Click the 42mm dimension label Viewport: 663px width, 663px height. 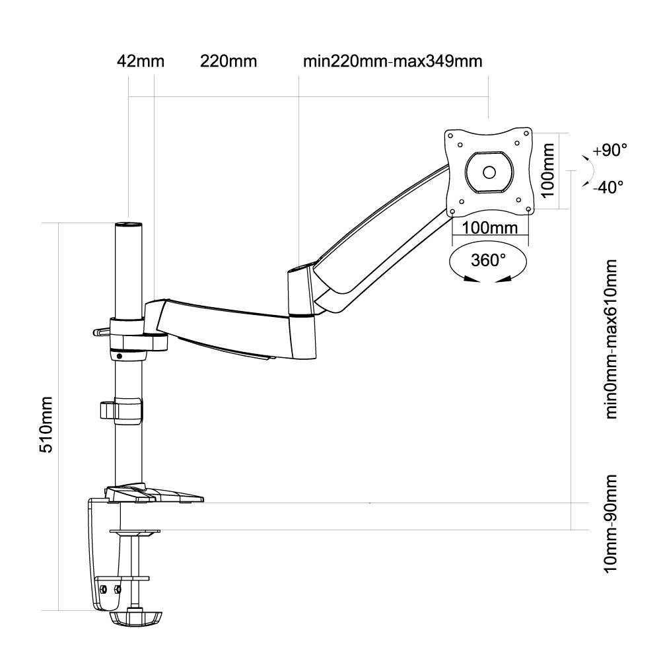point(140,61)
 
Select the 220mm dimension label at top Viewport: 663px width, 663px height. point(228,61)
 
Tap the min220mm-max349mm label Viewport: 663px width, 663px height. point(392,61)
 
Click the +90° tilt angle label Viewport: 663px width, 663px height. point(609,150)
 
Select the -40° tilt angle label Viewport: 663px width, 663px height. point(608,187)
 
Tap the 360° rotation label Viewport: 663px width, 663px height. point(488,260)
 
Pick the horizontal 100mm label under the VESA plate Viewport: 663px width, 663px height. point(489,228)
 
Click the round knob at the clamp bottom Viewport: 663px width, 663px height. point(135,618)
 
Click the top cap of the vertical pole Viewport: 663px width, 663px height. point(129,225)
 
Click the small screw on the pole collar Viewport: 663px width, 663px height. point(119,357)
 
